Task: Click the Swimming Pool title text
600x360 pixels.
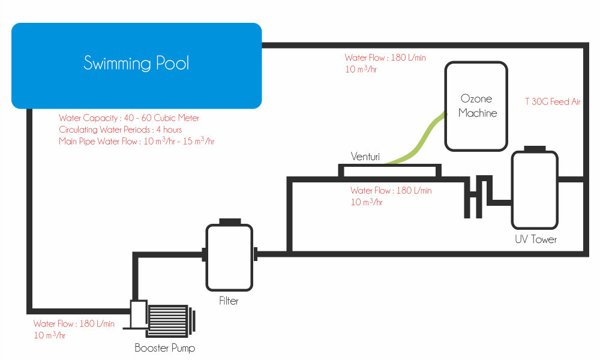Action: coord(136,63)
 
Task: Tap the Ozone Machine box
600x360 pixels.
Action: coord(476,106)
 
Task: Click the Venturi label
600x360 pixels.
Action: coord(365,157)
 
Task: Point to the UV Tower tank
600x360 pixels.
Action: coord(535,190)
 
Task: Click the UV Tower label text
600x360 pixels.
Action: coord(536,239)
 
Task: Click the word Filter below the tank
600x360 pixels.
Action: coord(229,301)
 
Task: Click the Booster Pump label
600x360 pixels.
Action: coord(165,348)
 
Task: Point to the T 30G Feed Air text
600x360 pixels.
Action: coord(553,101)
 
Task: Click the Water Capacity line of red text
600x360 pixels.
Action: coord(129,118)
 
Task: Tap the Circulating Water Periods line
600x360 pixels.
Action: coord(120,130)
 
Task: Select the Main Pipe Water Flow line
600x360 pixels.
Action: coord(137,141)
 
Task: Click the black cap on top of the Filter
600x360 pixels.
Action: coord(230,221)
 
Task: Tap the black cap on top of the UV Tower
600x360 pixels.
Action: coord(535,149)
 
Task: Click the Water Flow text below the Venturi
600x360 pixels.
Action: coord(391,196)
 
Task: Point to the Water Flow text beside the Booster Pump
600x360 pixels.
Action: coord(74,329)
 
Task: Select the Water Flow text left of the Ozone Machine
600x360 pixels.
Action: coord(385,63)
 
